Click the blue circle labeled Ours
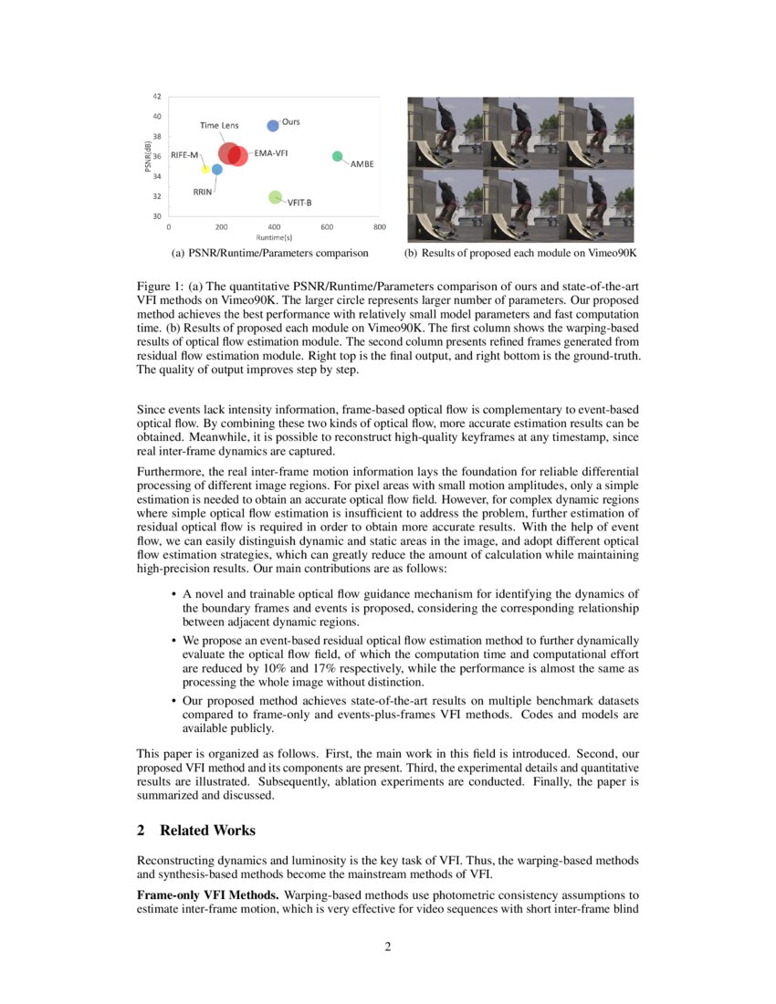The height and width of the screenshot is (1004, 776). click(272, 126)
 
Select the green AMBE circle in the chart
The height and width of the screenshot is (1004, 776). click(337, 156)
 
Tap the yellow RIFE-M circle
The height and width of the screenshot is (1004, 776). click(206, 169)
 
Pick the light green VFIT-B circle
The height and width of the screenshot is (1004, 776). click(275, 197)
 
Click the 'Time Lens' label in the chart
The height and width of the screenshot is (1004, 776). click(219, 125)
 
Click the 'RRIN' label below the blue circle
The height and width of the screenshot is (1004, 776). click(203, 193)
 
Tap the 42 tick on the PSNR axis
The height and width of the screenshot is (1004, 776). click(157, 96)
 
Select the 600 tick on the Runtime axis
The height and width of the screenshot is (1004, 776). click(327, 226)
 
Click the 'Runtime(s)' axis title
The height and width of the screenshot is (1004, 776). click(273, 236)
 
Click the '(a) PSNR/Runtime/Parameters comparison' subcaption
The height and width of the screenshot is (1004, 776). click(271, 252)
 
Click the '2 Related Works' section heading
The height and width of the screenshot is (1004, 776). click(195, 830)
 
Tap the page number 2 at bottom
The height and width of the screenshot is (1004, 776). click(387, 946)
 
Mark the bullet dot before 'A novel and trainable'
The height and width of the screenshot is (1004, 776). click(173, 594)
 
